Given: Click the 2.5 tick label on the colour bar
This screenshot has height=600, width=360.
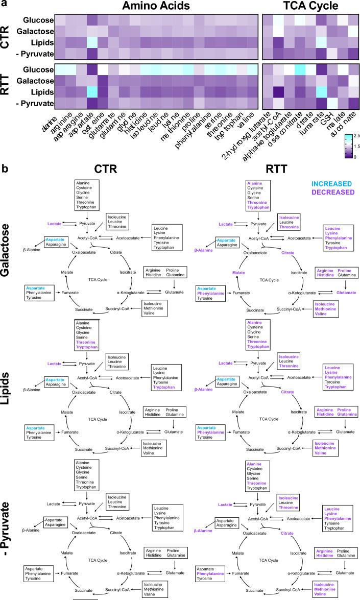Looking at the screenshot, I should coord(355,135).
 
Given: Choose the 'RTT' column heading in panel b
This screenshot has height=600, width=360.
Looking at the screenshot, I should coord(265,169).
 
